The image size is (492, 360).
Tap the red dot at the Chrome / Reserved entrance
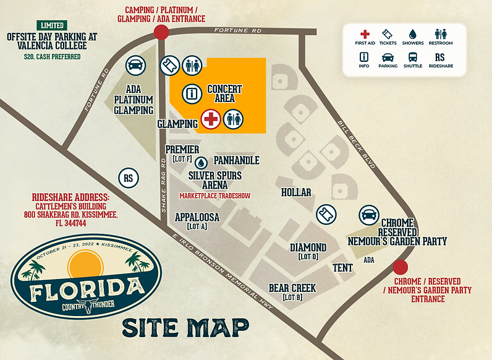click(x=401, y=267)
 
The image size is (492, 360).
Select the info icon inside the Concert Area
click(x=192, y=94)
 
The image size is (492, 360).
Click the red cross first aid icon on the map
click(x=211, y=118)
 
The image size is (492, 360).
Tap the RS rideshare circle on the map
click(x=129, y=177)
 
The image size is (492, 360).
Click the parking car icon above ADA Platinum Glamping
click(x=135, y=64)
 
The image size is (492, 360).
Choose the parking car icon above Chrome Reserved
click(x=369, y=215)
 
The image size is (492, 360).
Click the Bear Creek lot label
click(x=292, y=292)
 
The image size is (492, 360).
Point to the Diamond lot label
click(x=308, y=251)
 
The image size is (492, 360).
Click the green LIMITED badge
click(x=52, y=25)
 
